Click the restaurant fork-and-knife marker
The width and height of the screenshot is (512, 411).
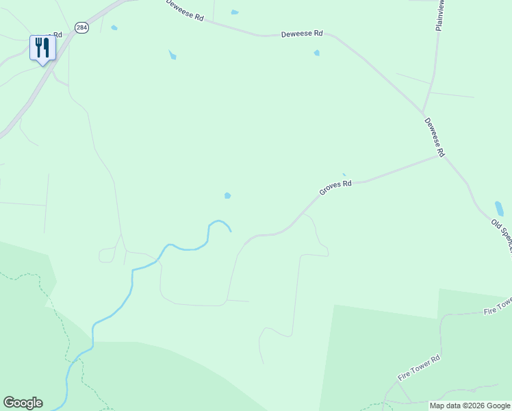pos(42,48)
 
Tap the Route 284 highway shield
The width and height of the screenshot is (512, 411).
pos(82,27)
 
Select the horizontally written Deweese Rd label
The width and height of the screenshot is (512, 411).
pos(302,33)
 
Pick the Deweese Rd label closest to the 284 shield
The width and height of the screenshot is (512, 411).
pos(185,11)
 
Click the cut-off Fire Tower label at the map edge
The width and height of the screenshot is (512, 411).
pos(498,306)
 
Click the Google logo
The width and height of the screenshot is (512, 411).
pos(23,403)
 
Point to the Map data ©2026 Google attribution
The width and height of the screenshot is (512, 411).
pos(470,406)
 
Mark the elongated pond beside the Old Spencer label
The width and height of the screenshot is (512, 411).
pos(499,208)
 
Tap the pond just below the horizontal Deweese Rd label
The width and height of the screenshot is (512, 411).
pos(316,53)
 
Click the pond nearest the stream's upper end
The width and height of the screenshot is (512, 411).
pos(227,196)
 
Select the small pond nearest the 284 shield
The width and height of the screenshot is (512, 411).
pos(114,28)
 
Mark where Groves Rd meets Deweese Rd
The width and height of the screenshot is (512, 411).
pos(439,155)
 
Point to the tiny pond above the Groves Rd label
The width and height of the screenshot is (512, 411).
pos(344,175)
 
